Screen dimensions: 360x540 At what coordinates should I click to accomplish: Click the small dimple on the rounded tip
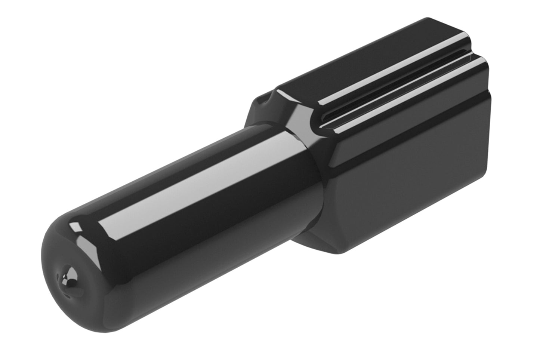(x=68, y=276)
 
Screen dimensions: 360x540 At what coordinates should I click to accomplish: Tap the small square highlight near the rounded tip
(x=76, y=226)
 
